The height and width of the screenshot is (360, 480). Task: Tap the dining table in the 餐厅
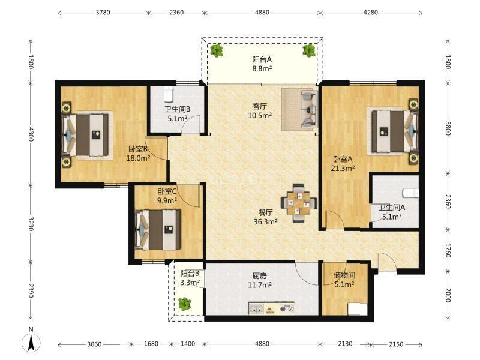tap(299, 203)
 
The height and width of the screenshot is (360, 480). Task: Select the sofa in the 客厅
tap(308, 109)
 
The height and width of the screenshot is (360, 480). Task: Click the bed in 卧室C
tap(158, 230)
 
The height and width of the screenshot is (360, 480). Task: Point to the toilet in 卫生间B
tap(169, 94)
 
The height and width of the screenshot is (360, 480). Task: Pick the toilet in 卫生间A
tap(411, 193)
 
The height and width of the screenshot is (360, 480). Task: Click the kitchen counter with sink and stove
tap(272, 308)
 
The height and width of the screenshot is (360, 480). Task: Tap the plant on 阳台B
tap(185, 304)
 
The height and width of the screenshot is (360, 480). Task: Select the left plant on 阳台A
tap(217, 50)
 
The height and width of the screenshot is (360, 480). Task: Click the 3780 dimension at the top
tap(103, 13)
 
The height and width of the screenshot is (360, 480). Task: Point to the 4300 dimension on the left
tap(31, 134)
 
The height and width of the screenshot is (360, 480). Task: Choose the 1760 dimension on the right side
tap(448, 251)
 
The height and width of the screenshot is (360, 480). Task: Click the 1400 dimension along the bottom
tap(188, 344)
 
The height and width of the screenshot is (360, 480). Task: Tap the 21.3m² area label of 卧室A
tap(343, 168)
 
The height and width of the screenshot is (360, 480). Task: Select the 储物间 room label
tap(344, 275)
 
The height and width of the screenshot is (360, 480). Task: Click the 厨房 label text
tap(260, 276)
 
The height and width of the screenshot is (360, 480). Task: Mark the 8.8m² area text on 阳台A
tap(262, 68)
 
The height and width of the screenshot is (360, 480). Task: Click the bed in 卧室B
tap(86, 135)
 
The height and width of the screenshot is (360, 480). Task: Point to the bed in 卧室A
tap(395, 131)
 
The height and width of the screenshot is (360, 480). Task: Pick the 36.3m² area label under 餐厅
tap(266, 221)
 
